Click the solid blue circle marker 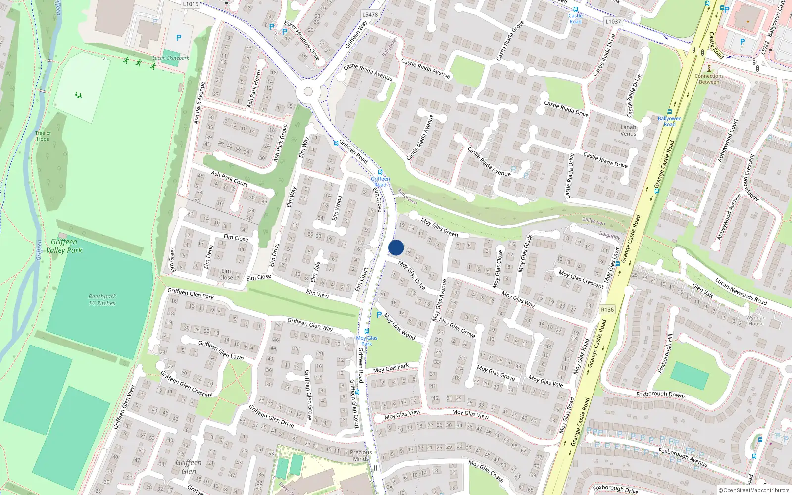point(396,247)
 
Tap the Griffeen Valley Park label point(64,246)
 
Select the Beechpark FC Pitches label point(102,300)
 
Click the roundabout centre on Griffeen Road point(308,92)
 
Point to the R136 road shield point(607,310)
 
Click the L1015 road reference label point(191,4)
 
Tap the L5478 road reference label point(370,15)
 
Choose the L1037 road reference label point(613,22)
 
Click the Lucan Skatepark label point(171,58)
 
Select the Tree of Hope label point(43,136)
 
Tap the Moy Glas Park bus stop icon point(367,331)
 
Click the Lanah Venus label point(628,130)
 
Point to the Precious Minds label point(361,455)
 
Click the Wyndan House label point(756,321)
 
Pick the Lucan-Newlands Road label point(741,291)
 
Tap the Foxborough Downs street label point(661,395)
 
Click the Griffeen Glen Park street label point(191,294)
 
